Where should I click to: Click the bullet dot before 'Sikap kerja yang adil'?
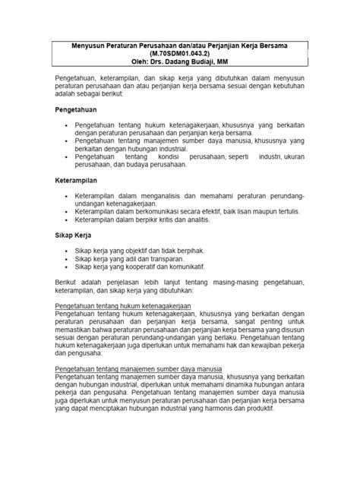click(x=65, y=258)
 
